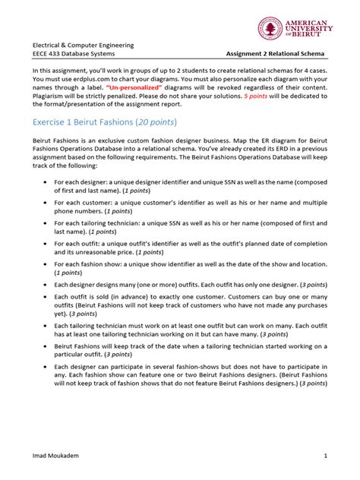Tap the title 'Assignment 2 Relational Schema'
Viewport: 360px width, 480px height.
[x=276, y=54]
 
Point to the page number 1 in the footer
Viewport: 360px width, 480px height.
[x=325, y=456]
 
